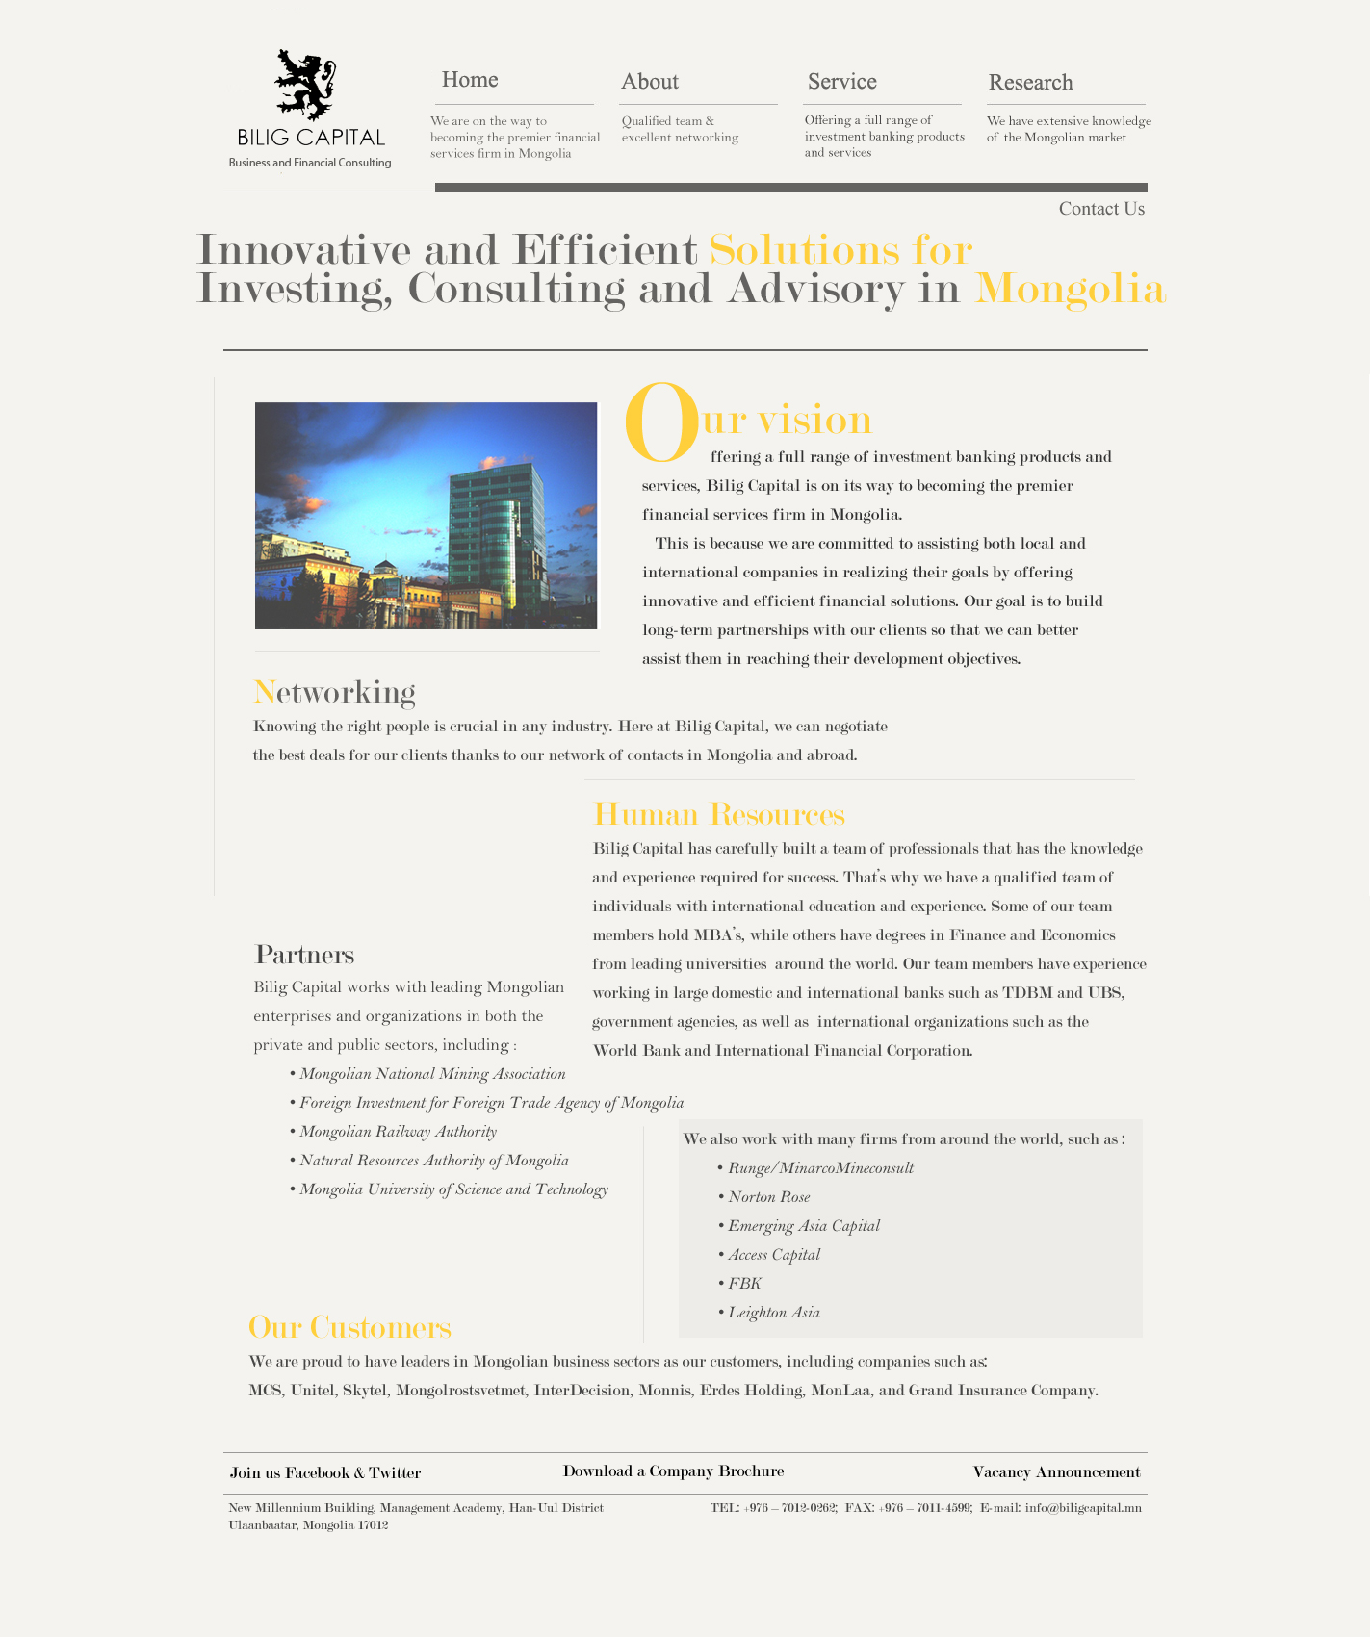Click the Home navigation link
click(x=470, y=80)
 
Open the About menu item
click(x=650, y=82)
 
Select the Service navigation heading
click(x=841, y=82)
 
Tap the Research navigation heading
click(x=1030, y=83)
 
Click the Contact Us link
click(x=1101, y=209)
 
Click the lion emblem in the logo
click(x=305, y=84)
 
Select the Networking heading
click(x=334, y=692)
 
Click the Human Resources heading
click(x=719, y=814)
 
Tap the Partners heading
click(x=304, y=955)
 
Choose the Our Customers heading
click(x=349, y=1327)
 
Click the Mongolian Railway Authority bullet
click(x=398, y=1132)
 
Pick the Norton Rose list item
click(x=768, y=1197)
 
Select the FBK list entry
click(x=744, y=1284)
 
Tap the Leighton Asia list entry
click(x=773, y=1313)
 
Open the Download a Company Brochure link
click(x=673, y=1471)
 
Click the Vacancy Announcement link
click(x=1056, y=1472)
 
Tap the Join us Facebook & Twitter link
click(x=325, y=1473)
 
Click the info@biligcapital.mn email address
click(x=1083, y=1508)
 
